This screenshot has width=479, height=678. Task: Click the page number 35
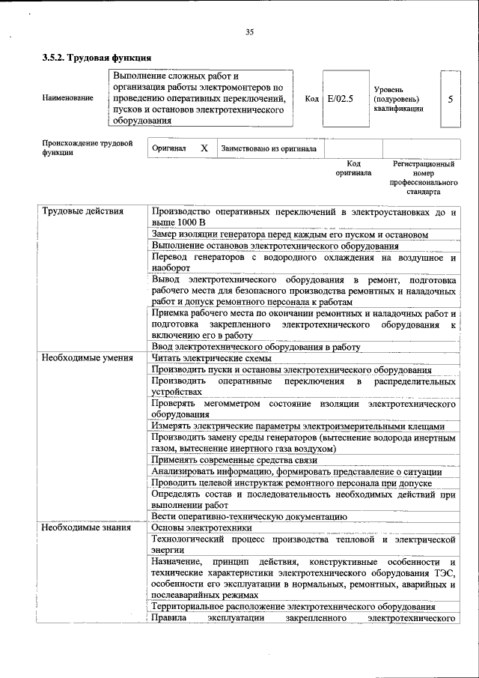pyautogui.click(x=250, y=31)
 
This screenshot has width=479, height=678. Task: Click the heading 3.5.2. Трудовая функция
pyautogui.click(x=97, y=58)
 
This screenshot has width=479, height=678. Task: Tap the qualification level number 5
pyautogui.click(x=450, y=99)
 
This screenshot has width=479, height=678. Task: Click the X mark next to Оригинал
pyautogui.click(x=204, y=148)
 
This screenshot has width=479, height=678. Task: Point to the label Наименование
pyautogui.click(x=68, y=98)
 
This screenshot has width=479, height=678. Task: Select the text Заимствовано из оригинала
pyautogui.click(x=269, y=149)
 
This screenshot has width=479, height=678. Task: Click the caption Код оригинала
pyautogui.click(x=353, y=168)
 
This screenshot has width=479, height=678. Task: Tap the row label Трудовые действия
pyautogui.click(x=82, y=211)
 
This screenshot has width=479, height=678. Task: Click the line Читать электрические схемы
pyautogui.click(x=212, y=358)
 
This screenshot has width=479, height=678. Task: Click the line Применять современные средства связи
pyautogui.click(x=235, y=459)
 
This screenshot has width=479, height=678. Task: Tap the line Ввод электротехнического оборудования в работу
pyautogui.click(x=256, y=347)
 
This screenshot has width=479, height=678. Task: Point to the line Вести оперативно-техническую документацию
pyautogui.click(x=249, y=516)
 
